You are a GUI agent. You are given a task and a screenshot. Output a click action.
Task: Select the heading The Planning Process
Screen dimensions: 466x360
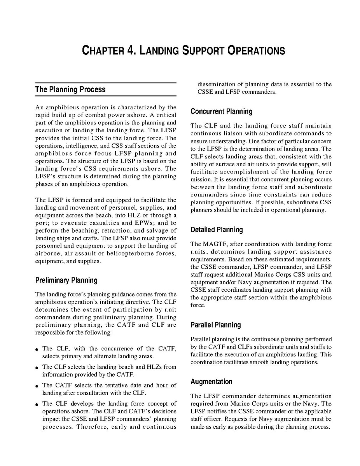coord(70,89)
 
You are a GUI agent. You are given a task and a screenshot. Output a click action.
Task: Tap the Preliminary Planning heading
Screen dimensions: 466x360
coord(66,280)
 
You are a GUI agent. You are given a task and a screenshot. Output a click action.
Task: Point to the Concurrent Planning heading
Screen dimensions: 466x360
coord(221,112)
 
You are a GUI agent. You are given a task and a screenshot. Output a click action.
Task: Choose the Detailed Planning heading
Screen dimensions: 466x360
coord(217,230)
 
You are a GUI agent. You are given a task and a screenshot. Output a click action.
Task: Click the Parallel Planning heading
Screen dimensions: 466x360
coord(216,325)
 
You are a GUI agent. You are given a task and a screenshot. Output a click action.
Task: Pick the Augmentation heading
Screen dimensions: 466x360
coord(211,382)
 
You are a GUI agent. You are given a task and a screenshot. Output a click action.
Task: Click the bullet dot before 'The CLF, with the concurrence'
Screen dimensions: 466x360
coord(36,349)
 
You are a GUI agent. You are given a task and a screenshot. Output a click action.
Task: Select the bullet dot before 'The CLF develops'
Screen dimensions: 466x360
coord(36,404)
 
